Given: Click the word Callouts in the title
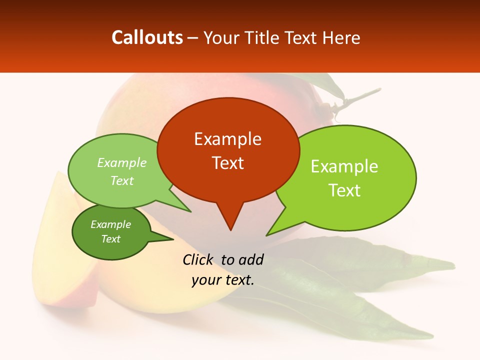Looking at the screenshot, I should click(147, 37).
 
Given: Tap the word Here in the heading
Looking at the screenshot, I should click(341, 37).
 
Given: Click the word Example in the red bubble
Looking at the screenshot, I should click(227, 139).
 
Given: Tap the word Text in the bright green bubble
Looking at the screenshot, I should click(344, 190).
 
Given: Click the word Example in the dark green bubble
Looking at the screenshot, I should click(110, 224).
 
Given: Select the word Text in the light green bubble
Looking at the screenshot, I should click(122, 181).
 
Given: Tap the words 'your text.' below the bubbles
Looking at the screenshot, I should click(223, 280).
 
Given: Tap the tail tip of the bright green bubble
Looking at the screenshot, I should click(267, 234).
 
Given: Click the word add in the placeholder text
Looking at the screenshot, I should click(250, 259).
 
